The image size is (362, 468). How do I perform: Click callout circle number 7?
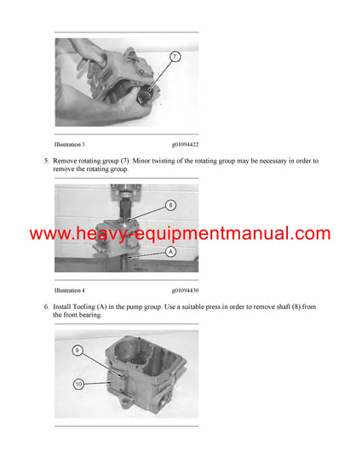175,57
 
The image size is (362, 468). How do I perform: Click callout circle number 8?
170,204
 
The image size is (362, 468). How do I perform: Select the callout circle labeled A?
170,253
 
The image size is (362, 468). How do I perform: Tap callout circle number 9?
77,351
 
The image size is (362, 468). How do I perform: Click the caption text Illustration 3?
70,145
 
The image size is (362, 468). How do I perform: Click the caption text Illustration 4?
70,290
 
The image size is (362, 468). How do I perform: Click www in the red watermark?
49,233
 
